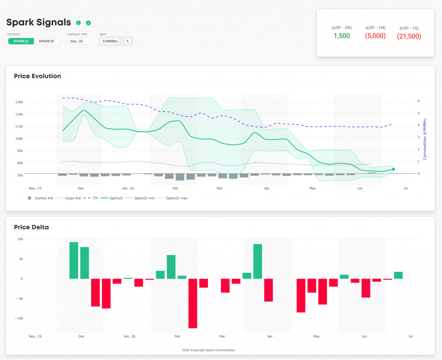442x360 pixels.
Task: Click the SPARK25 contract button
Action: [x=21, y=41]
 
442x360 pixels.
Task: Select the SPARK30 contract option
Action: [x=47, y=41]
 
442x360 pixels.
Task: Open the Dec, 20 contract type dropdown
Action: [x=81, y=41]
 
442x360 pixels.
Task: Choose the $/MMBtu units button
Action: [x=110, y=41]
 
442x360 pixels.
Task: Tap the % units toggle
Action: [x=127, y=41]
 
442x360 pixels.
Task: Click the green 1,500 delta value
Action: [x=342, y=36]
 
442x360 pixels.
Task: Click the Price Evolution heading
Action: [x=38, y=76]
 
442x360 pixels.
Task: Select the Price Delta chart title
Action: [x=32, y=227]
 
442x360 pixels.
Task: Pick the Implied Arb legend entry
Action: [x=41, y=198]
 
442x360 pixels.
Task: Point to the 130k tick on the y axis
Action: [x=19, y=102]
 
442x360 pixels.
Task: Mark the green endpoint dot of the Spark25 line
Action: [x=393, y=169]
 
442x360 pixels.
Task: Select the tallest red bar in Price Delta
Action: [x=193, y=303]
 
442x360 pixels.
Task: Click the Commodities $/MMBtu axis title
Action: [x=425, y=139]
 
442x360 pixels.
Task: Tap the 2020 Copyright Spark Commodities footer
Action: [x=208, y=350]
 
